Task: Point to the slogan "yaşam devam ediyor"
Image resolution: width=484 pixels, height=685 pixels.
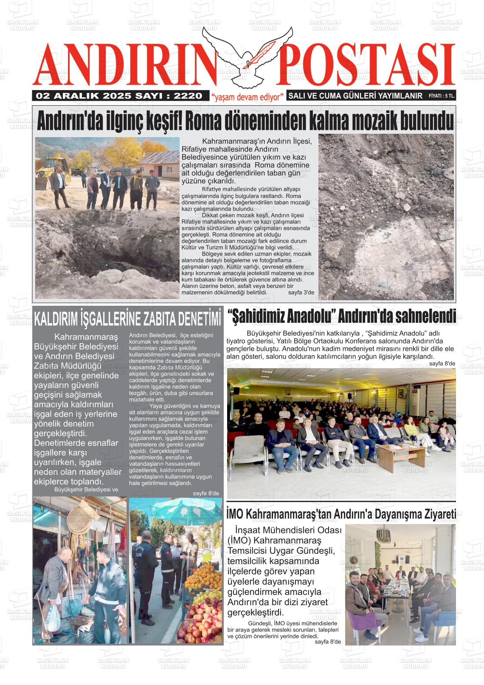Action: click(x=248, y=97)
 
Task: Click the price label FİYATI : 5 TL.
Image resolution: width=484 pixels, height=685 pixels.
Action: click(x=442, y=96)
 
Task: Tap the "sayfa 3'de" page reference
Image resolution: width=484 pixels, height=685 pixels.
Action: click(x=301, y=293)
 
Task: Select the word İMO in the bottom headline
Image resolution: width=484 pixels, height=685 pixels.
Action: click(x=235, y=514)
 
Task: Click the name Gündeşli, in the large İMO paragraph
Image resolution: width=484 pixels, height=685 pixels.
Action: click(x=315, y=551)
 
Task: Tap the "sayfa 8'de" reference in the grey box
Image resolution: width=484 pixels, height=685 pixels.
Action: click(x=206, y=493)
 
